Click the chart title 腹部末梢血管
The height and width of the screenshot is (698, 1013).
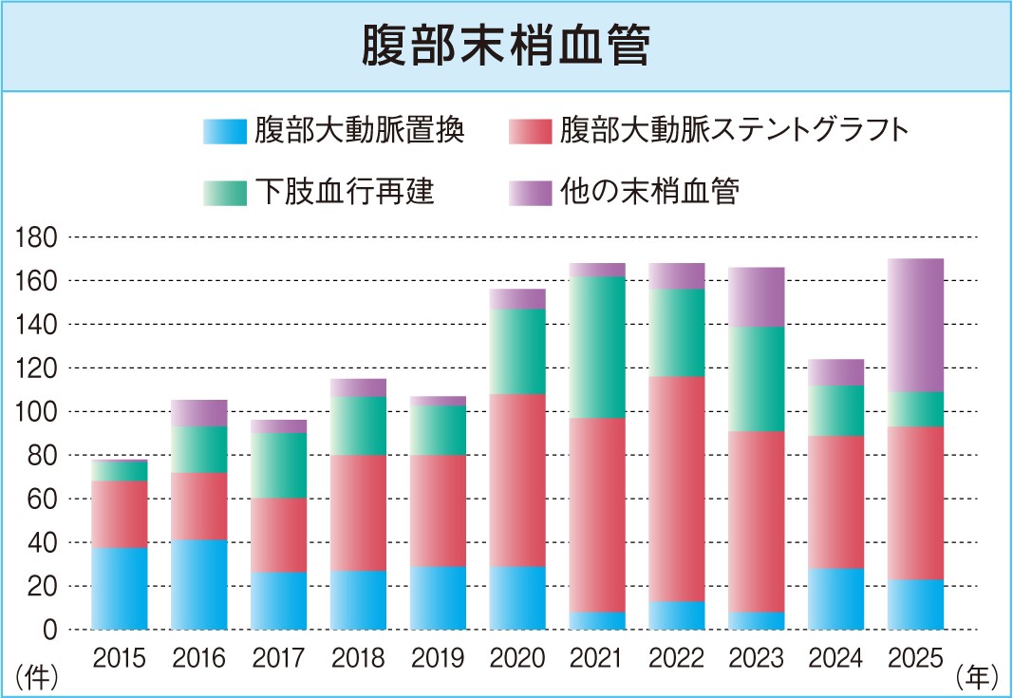pos(506,47)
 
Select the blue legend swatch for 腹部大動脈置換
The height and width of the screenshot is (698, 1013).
pos(224,131)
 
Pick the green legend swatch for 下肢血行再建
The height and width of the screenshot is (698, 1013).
pos(224,192)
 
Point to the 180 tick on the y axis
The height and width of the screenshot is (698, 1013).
pos(38,237)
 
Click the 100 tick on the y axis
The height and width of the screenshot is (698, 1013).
pos(38,412)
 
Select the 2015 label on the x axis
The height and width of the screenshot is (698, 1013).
pos(120,657)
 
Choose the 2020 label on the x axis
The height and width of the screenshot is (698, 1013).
pos(518,657)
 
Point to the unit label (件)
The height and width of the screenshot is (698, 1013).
pos(36,678)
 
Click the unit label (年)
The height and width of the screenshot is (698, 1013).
pos(977,678)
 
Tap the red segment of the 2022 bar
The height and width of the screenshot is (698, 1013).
pos(677,489)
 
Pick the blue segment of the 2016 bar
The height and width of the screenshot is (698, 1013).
pos(199,585)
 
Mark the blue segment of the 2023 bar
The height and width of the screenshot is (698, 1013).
pos(757,621)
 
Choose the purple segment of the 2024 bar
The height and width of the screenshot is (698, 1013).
pos(835,372)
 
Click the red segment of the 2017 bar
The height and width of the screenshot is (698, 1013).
pos(279,535)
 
